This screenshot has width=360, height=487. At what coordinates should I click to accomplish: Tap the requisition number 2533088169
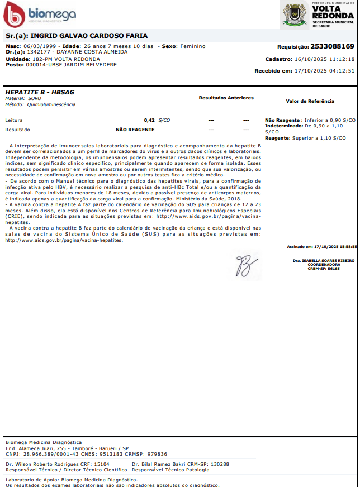point(332,46)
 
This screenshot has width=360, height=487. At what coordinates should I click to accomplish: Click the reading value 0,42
point(149,120)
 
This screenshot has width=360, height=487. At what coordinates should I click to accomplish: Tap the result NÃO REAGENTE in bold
point(135,129)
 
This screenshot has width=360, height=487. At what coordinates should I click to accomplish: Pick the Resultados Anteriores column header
point(226,98)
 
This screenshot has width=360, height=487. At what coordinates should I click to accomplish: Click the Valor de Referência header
point(310,101)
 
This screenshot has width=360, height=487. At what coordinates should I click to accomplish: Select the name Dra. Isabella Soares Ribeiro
point(324,261)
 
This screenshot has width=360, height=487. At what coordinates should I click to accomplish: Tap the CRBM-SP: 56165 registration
point(324,269)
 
